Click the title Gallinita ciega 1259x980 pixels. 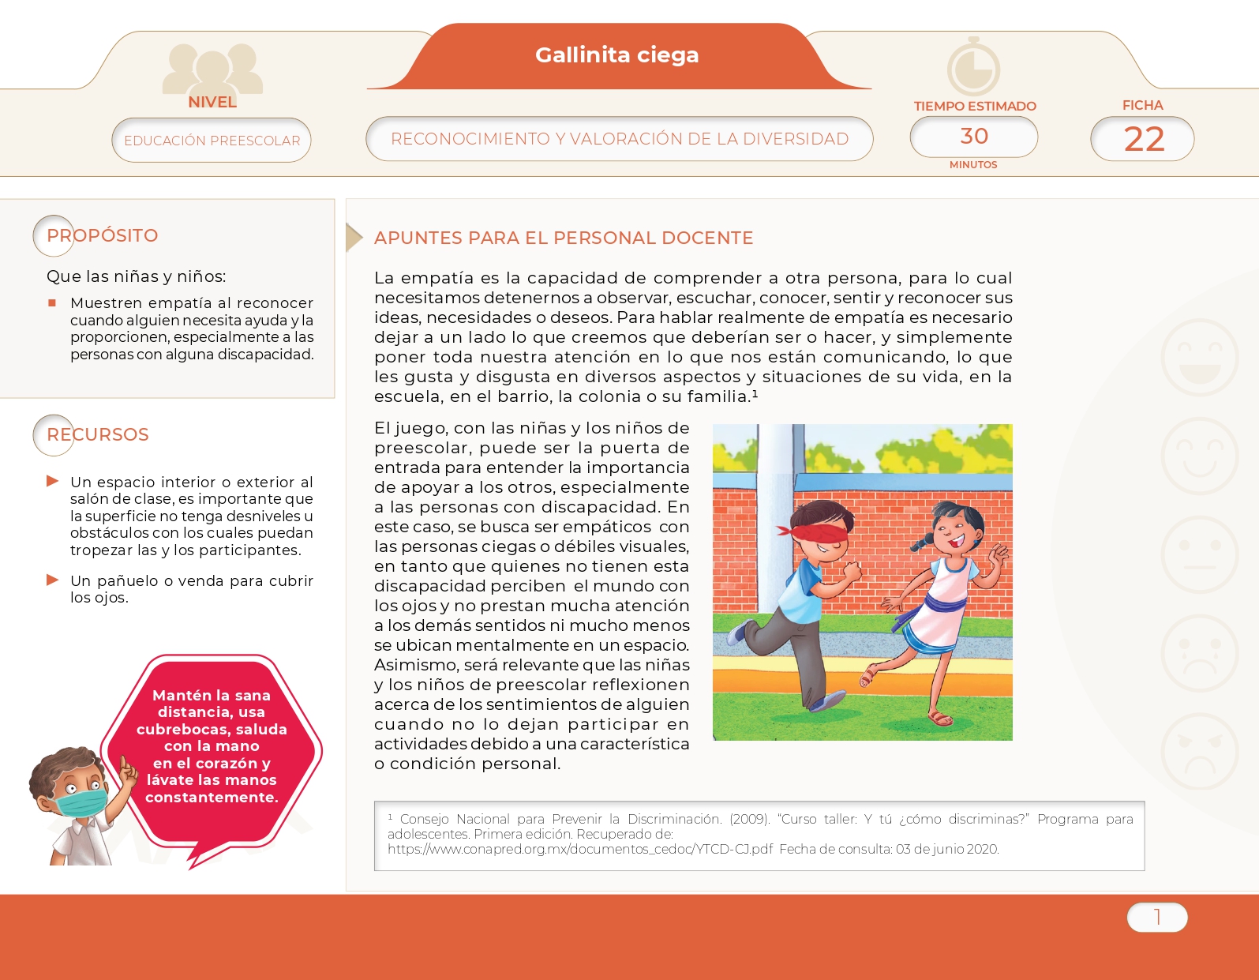(616, 55)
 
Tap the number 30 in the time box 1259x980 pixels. (974, 137)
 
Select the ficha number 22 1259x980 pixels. (1144, 140)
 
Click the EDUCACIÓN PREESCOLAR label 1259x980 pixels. (212, 141)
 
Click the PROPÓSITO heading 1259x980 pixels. (103, 235)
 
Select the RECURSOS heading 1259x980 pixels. (98, 434)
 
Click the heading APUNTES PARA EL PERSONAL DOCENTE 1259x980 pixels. (563, 238)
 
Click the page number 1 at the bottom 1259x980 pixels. (1157, 917)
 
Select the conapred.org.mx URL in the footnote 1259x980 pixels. (580, 850)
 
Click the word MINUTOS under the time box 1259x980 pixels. (973, 165)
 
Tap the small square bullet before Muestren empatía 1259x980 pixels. (52, 302)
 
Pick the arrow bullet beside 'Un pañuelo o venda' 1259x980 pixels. (53, 580)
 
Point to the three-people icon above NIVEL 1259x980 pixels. (212, 69)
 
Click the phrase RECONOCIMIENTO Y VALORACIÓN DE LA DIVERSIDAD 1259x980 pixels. (619, 139)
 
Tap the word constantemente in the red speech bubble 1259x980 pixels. (212, 798)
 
